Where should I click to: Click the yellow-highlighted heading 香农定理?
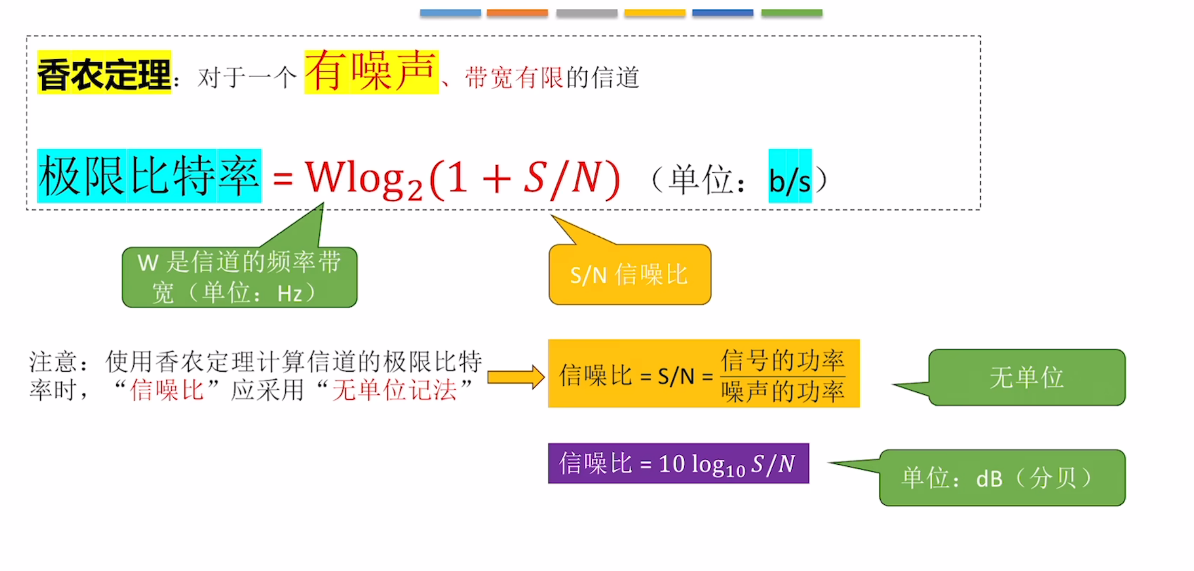click(x=104, y=72)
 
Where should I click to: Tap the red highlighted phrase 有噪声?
click(x=371, y=72)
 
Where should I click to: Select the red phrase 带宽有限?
click(x=515, y=77)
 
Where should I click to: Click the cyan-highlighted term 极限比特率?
click(x=149, y=176)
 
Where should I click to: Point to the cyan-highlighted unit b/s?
click(x=790, y=176)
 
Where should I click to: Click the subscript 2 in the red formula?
click(x=415, y=190)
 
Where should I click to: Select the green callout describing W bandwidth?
click(x=240, y=277)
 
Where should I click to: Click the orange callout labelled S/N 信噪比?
click(x=630, y=274)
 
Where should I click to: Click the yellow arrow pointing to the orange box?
click(x=516, y=377)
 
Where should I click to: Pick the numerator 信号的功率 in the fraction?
click(x=782, y=361)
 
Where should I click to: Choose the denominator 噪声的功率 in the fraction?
click(x=782, y=392)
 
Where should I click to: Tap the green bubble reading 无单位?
click(x=1027, y=377)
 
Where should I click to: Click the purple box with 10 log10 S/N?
click(x=678, y=463)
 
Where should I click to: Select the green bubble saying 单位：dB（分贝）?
click(x=1002, y=477)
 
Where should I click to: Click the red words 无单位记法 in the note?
click(x=394, y=390)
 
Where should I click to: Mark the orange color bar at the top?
click(x=517, y=13)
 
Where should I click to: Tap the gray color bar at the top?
click(x=586, y=13)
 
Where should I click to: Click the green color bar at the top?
click(x=792, y=13)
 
